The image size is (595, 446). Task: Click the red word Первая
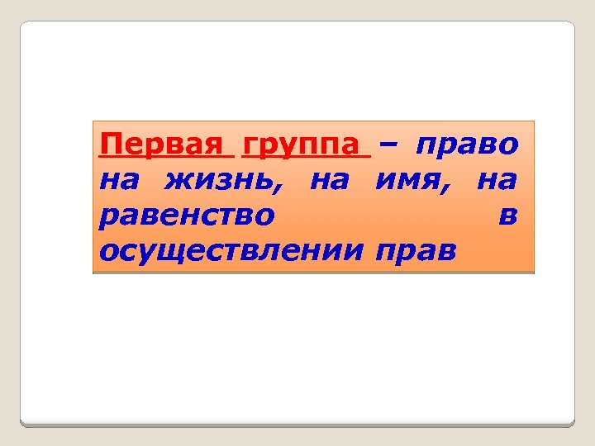coord(162,145)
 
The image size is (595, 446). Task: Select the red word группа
coord(302,145)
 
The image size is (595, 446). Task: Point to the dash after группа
coord(388,145)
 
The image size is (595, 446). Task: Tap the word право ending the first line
coord(468,145)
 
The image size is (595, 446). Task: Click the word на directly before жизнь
coord(119,179)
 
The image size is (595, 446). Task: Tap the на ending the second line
coord(498,179)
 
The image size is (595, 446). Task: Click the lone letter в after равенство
coord(509,216)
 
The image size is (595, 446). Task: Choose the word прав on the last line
coord(415,250)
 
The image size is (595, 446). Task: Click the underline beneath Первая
coord(162,158)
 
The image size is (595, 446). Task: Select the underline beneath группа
coord(302,158)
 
